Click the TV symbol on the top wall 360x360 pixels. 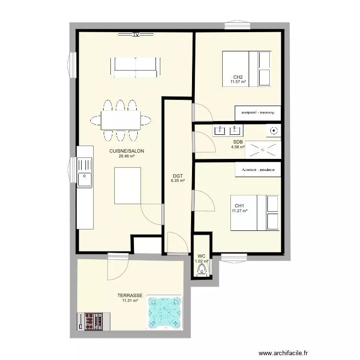pyautogui.click(x=136, y=35)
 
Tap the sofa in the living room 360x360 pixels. pyautogui.click(x=135, y=67)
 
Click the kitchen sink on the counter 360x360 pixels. pyautogui.click(x=85, y=178)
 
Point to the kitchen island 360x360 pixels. pyautogui.click(x=128, y=185)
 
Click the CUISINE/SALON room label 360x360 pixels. pyautogui.click(x=127, y=151)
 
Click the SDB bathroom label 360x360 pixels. pyautogui.click(x=238, y=142)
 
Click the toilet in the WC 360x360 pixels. pyautogui.click(x=201, y=270)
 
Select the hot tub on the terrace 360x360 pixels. pyautogui.click(x=165, y=312)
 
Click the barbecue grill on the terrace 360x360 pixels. pyautogui.click(x=94, y=321)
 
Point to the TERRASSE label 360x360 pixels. pyautogui.click(x=130, y=296)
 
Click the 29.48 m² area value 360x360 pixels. pyautogui.click(x=127, y=156)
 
